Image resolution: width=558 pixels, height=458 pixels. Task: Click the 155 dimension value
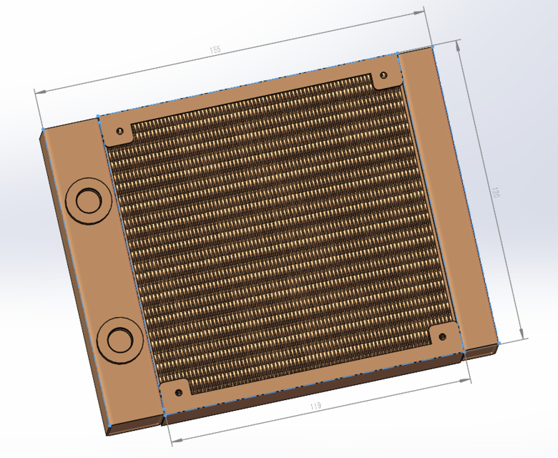pyautogui.click(x=215, y=50)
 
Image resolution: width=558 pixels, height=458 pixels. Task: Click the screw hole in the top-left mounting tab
pyautogui.click(x=119, y=132)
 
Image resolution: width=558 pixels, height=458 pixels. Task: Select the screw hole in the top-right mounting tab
pyautogui.click(x=383, y=75)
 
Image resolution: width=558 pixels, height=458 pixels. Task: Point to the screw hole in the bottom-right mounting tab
pyautogui.click(x=443, y=335)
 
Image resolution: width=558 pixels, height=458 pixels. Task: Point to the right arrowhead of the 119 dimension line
pyautogui.click(x=473, y=380)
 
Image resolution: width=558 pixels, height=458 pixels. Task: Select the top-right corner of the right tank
pyautogui.click(x=434, y=47)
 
